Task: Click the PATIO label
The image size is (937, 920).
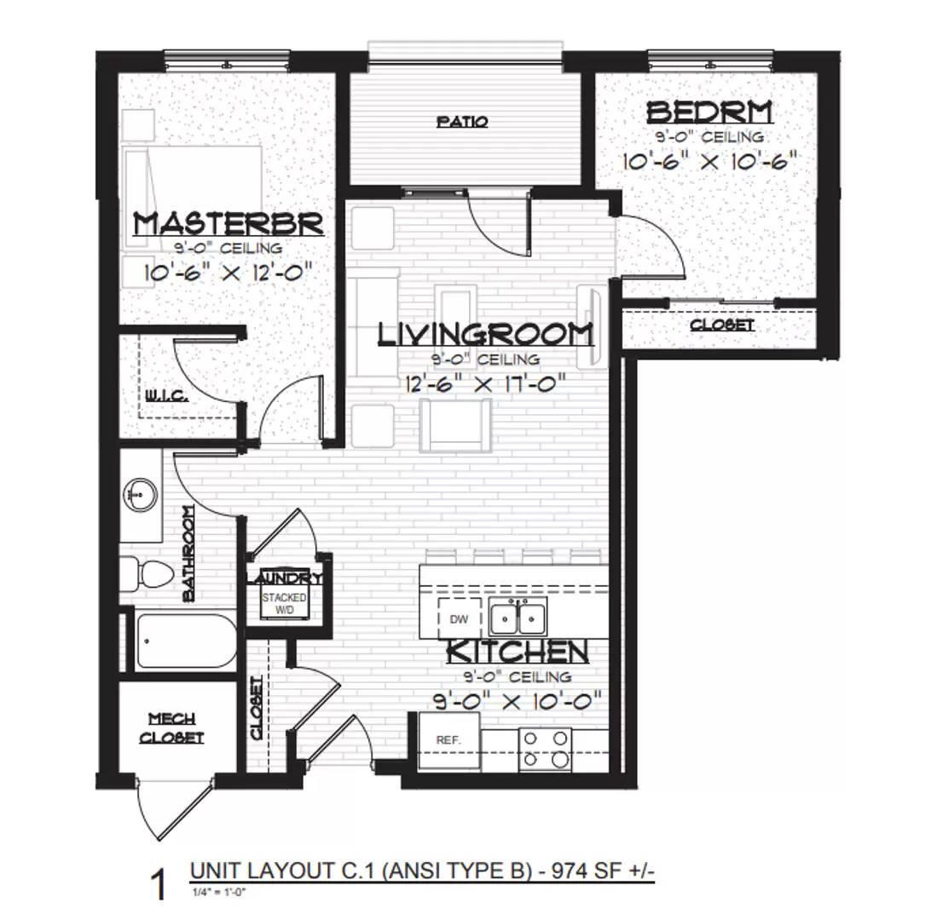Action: tap(462, 122)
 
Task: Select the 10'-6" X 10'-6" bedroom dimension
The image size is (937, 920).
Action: tap(709, 161)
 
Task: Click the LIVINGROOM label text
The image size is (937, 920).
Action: tap(485, 334)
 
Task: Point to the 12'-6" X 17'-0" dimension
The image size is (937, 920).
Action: tap(485, 383)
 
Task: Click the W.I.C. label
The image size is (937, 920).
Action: tap(165, 396)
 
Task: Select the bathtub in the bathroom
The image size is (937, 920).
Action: tap(183, 641)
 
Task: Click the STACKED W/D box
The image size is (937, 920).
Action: tap(284, 603)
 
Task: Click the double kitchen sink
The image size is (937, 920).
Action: tap(518, 616)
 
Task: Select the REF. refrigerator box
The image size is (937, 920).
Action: tap(448, 740)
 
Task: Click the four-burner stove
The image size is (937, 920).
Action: tap(545, 750)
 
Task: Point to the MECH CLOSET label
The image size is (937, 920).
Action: tap(172, 728)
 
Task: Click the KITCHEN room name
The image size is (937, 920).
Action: tap(518, 652)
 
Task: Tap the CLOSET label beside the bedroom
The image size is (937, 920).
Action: tap(721, 325)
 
